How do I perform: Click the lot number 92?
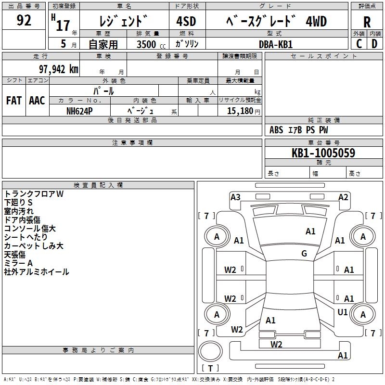(x=24, y=20)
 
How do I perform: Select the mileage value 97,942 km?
(x=59, y=69)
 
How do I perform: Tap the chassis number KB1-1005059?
(x=323, y=153)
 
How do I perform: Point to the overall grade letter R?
(x=367, y=22)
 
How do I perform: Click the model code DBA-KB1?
(x=275, y=44)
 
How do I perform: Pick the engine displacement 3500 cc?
(x=151, y=44)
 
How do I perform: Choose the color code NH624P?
(x=79, y=111)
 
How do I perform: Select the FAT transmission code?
(x=14, y=101)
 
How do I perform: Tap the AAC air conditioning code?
(x=37, y=101)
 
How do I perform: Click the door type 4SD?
(x=186, y=21)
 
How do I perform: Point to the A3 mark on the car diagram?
(x=235, y=197)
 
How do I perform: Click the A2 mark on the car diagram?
(x=343, y=197)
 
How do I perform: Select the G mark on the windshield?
(x=304, y=253)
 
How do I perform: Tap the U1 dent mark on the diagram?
(x=343, y=312)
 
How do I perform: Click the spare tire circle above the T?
(x=210, y=351)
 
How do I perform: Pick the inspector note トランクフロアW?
(x=34, y=194)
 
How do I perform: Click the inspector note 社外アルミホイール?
(x=37, y=272)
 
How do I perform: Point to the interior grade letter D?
(x=374, y=44)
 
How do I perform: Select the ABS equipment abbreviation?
(x=276, y=130)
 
